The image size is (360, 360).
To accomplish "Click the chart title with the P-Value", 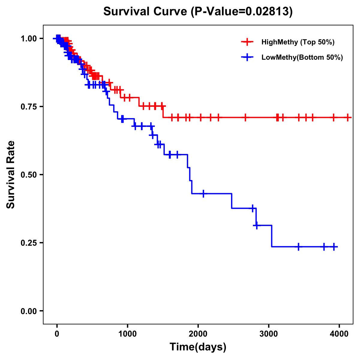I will [198, 11].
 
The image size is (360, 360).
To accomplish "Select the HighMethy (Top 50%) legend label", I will [298, 42].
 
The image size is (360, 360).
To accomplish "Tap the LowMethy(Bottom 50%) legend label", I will [302, 57].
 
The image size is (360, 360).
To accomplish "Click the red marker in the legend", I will [247, 42].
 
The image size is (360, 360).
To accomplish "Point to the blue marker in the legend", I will [247, 57].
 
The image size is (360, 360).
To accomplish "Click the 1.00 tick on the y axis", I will [28, 38].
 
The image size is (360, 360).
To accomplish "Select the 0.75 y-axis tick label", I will [28, 106].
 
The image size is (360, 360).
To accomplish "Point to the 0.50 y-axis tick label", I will [28, 175].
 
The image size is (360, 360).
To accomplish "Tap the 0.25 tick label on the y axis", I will [28, 243].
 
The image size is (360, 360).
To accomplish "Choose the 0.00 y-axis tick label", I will [28, 311].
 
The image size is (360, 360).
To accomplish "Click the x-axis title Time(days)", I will [198, 347].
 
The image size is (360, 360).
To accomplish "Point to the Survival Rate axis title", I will [11, 175].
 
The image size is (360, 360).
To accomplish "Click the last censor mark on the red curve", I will [347, 117].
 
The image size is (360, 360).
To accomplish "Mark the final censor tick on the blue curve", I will [334, 247].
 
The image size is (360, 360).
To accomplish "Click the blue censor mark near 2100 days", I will [203, 193].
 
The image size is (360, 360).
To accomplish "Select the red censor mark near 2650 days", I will [245, 117].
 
